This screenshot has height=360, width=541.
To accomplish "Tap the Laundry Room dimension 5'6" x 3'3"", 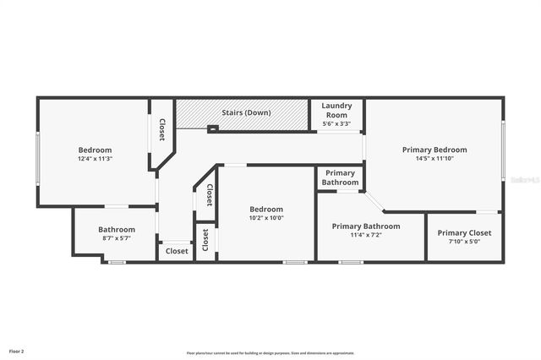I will [336, 124].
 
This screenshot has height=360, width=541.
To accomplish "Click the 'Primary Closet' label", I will [464, 232].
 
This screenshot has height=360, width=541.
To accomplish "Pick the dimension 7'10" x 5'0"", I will [464, 242].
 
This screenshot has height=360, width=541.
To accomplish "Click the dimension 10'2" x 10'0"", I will [265, 218].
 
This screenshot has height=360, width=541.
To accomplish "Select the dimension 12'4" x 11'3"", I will [95, 158].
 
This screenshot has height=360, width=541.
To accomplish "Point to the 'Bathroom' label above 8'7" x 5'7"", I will [116, 229].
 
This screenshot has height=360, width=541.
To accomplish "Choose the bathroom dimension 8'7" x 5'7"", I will [116, 238].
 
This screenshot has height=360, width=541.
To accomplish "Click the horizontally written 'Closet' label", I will [177, 251].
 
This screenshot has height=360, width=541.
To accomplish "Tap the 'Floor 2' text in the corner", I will [17, 351].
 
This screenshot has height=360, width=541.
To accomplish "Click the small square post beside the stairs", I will [212, 128].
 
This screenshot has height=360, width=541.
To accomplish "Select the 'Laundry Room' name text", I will [336, 110].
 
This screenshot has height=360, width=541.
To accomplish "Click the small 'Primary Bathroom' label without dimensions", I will [340, 177].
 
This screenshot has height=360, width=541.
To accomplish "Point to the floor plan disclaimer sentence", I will [270, 353].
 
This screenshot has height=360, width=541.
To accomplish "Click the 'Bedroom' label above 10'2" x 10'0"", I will [265, 209].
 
